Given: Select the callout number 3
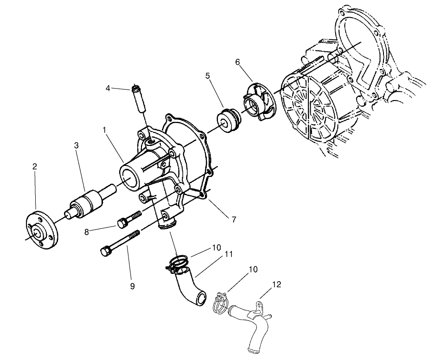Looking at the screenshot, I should coord(77,145).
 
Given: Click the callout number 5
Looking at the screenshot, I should coord(208,74).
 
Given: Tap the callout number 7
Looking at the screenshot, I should coord(234,220).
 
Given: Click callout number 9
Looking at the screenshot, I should coord(132,286).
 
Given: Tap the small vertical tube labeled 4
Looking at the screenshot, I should coord(139,99).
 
